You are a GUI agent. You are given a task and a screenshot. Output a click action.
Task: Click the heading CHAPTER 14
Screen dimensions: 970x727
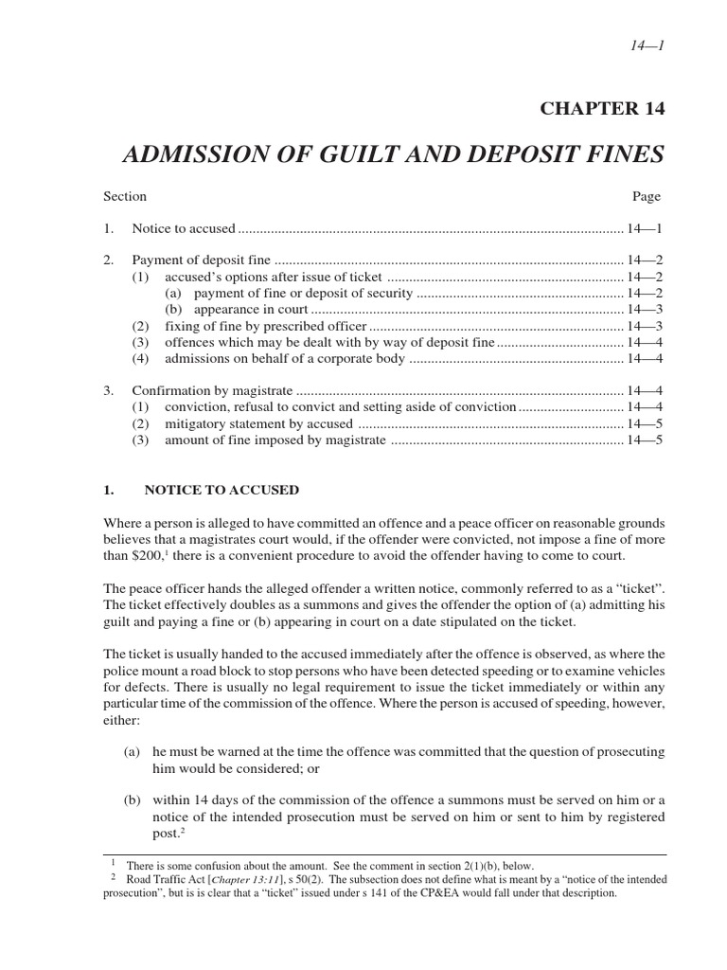[602, 108]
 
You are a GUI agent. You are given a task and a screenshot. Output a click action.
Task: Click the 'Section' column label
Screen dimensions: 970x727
[125, 197]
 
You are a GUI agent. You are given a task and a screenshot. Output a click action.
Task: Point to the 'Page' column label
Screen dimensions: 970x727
[646, 197]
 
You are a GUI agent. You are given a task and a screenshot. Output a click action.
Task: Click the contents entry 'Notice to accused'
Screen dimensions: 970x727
[183, 228]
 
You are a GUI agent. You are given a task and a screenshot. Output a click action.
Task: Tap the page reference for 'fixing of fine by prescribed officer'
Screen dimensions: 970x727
[644, 326]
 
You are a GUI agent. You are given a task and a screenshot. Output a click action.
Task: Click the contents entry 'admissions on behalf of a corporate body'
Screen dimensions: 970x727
[284, 359]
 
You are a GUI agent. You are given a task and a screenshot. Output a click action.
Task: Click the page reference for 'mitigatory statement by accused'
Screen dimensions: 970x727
[644, 423]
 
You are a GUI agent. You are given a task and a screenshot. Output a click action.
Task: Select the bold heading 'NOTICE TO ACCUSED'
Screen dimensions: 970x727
[221, 490]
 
